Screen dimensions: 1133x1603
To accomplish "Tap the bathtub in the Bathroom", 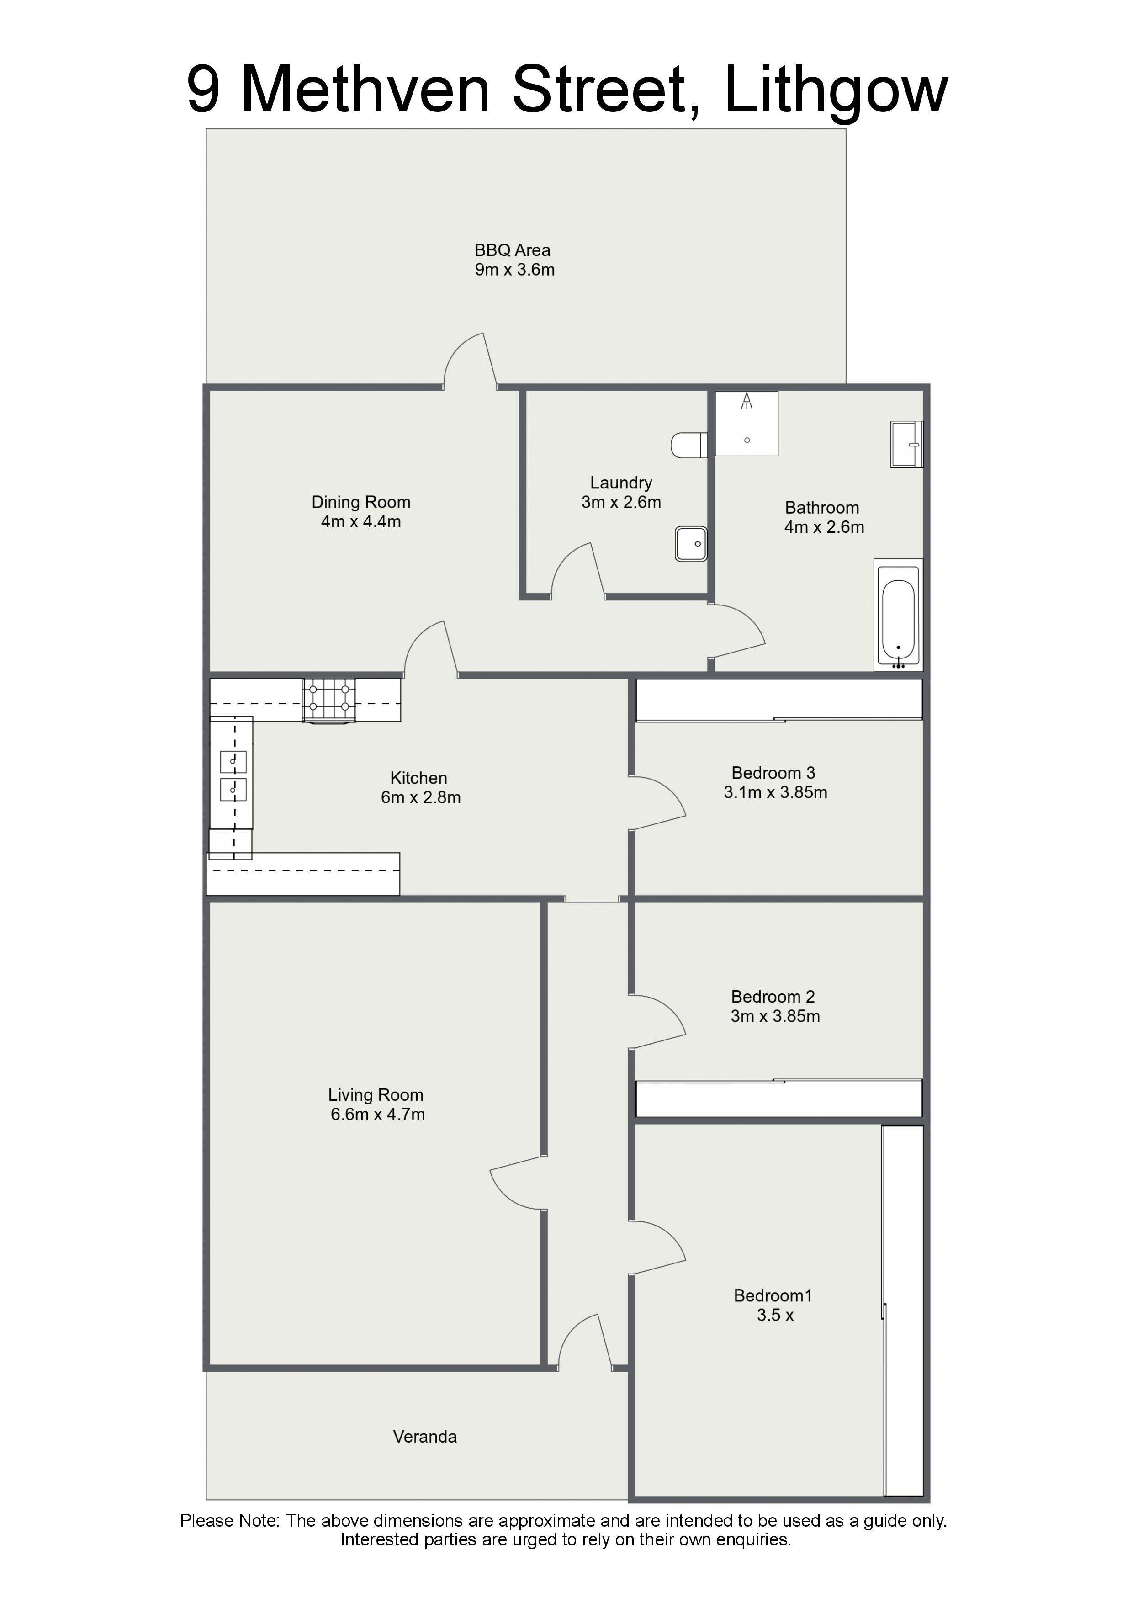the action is [x=899, y=615].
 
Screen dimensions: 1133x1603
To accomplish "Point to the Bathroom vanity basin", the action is [x=907, y=444].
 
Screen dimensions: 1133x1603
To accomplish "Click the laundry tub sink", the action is [x=691, y=544].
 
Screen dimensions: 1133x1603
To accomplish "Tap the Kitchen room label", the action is [x=419, y=778].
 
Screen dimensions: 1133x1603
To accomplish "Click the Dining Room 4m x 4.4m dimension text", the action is [x=361, y=521].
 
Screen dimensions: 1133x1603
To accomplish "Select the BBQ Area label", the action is [x=513, y=250].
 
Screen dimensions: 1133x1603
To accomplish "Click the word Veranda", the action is [x=425, y=1437].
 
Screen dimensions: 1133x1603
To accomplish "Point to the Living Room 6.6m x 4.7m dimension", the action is [x=378, y=1114].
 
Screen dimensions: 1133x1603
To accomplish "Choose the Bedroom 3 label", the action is [x=773, y=773].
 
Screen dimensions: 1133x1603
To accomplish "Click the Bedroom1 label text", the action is [x=773, y=1296].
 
